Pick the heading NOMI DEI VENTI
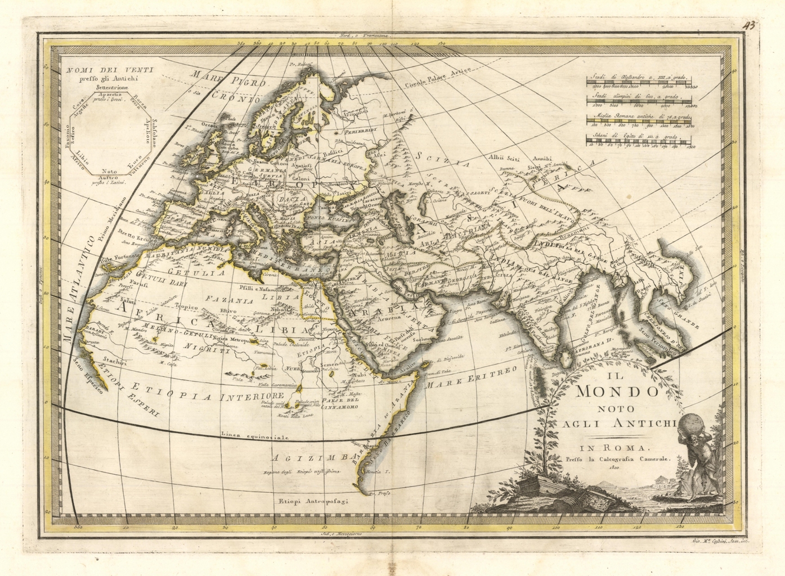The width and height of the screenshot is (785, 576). [x=107, y=70]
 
